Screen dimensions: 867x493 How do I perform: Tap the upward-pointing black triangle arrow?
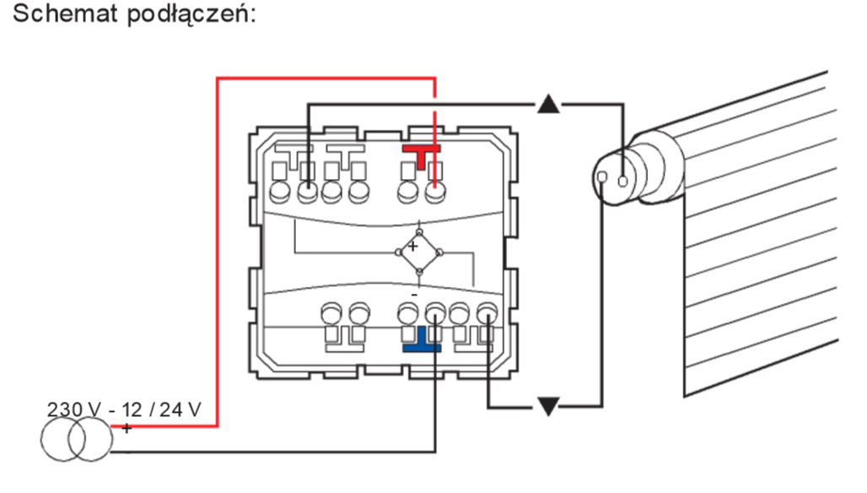(x=548, y=104)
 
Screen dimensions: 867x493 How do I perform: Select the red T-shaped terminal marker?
(x=422, y=156)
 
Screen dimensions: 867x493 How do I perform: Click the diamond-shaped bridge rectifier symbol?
(x=419, y=252)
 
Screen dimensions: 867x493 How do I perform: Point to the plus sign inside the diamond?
(x=412, y=246)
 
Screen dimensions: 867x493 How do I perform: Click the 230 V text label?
(x=75, y=409)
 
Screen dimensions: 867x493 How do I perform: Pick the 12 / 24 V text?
(x=161, y=409)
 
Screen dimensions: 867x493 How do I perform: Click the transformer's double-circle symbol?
(x=76, y=439)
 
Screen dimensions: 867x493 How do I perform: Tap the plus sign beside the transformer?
(x=127, y=428)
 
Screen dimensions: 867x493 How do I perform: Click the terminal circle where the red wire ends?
(x=435, y=192)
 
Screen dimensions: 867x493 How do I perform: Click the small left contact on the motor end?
(x=602, y=177)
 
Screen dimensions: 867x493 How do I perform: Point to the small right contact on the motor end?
(x=623, y=181)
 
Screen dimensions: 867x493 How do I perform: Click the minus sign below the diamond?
(x=414, y=295)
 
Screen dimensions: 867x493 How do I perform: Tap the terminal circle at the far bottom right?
(x=487, y=313)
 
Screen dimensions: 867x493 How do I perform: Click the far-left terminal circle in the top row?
(x=280, y=192)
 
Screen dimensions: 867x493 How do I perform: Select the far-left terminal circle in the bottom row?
(x=331, y=313)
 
